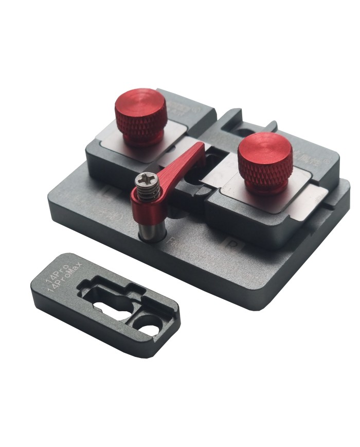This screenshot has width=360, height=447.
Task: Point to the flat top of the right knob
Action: point(265,147)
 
